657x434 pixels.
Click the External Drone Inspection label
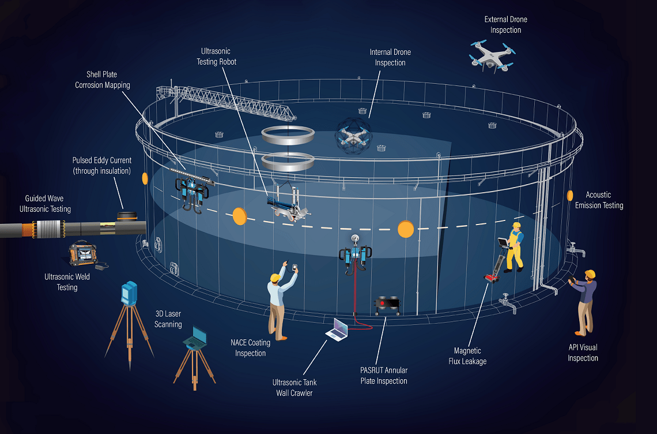506,25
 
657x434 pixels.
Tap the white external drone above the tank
492,56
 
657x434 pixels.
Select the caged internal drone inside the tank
353,135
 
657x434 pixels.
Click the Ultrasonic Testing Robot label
216,57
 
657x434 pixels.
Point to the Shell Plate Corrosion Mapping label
102,80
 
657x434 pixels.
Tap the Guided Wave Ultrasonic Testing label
45,204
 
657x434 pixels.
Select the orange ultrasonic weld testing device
84,253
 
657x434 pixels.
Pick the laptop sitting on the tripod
195,338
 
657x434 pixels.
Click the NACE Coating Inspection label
250,348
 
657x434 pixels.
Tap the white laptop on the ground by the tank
338,329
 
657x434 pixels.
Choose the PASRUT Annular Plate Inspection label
384,376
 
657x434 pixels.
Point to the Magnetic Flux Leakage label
467,356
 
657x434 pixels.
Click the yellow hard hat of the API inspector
590,274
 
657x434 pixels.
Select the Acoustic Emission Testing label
599,200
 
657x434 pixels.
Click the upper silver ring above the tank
288,135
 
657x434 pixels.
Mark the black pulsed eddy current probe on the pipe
127,216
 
